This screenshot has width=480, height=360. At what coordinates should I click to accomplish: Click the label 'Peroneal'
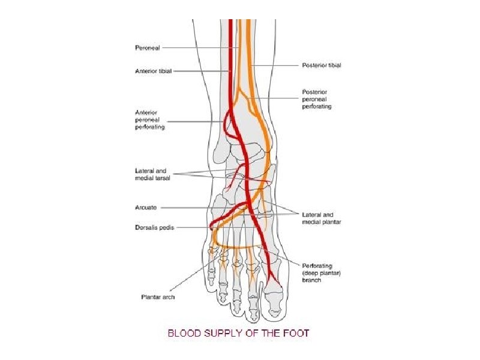coord(148,47)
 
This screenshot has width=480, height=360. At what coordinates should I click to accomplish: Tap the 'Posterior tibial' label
coord(321,65)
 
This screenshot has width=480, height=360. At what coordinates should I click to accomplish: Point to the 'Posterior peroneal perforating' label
coord(317,99)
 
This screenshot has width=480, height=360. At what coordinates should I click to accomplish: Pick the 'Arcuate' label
coord(146,208)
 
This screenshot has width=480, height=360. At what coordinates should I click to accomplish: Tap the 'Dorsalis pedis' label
coord(154,227)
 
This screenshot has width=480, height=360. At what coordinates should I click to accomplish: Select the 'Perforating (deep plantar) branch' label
coord(321,272)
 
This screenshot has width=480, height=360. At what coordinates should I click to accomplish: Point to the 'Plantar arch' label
coord(157,296)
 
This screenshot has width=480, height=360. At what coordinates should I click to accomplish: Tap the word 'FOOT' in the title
coord(296,332)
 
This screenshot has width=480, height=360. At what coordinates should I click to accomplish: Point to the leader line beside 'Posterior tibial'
coord(276,65)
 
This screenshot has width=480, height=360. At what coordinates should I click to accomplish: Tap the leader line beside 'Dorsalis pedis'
coord(192,227)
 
